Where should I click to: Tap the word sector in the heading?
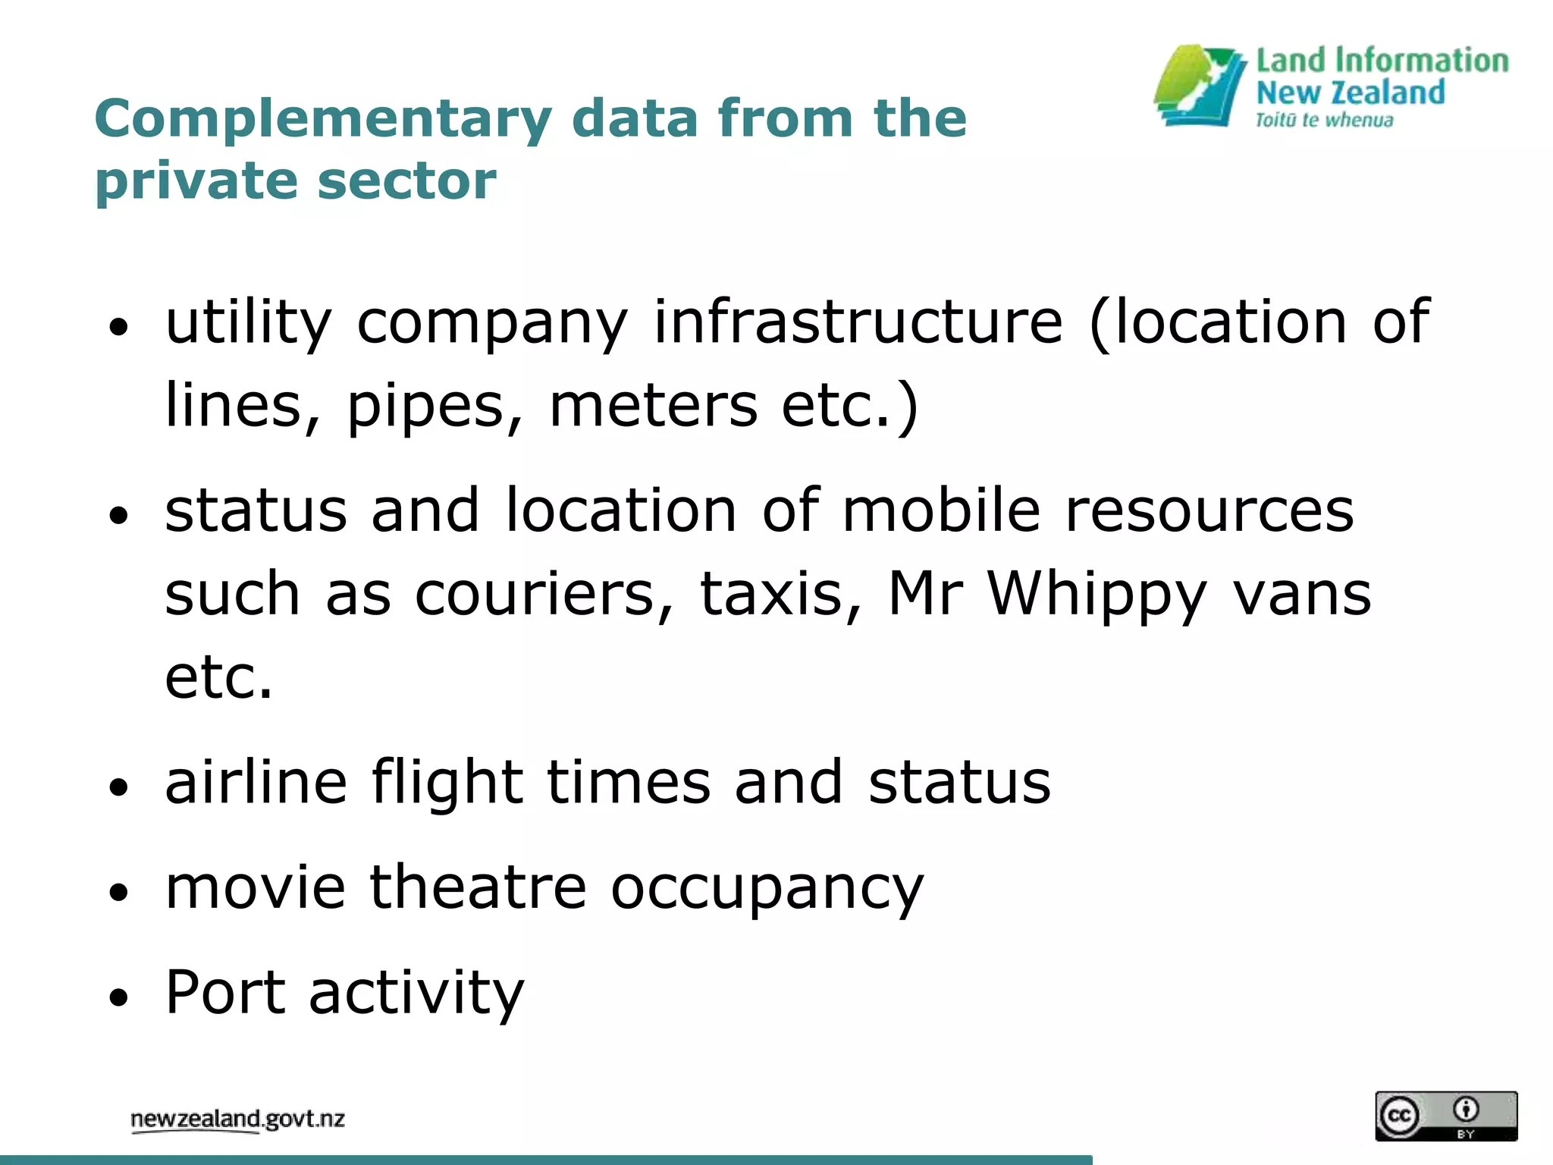tap(407, 181)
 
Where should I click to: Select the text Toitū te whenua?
tap(1324, 121)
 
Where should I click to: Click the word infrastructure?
tap(858, 322)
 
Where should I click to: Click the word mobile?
tap(941, 510)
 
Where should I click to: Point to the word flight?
tap(447, 783)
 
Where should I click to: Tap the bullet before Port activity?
tap(118, 996)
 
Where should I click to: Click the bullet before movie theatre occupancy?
tap(118, 891)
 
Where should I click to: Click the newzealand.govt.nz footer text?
tap(237, 1119)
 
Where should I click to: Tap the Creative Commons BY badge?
tap(1446, 1116)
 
